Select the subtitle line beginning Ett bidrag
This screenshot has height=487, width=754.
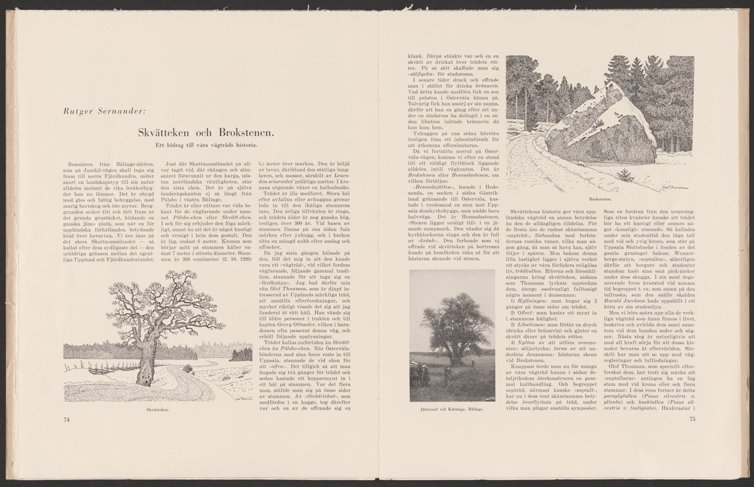point(205,146)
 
